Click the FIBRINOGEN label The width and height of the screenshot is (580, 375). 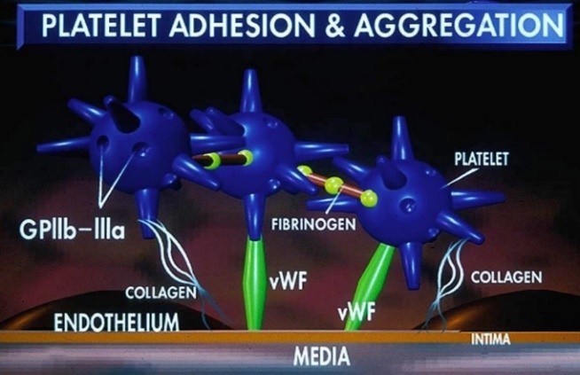313,224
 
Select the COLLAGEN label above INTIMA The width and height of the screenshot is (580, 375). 506,277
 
